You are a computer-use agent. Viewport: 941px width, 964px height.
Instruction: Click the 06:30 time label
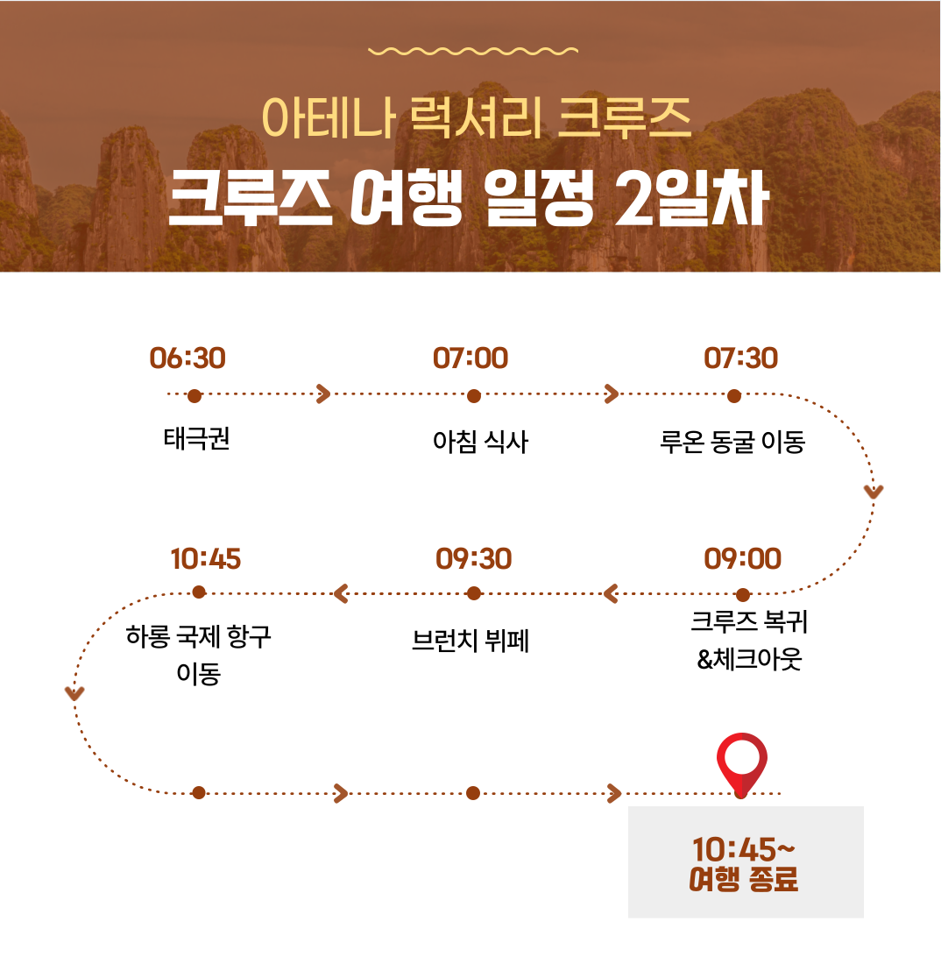[187, 358]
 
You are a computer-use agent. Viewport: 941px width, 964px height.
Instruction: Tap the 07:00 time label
[470, 358]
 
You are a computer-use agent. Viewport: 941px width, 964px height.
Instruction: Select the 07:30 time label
[740, 358]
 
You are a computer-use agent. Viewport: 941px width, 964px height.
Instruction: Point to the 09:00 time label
[742, 559]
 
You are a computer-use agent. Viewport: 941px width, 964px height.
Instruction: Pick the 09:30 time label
[473, 559]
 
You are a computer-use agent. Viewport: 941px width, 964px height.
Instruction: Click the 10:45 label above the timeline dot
[205, 559]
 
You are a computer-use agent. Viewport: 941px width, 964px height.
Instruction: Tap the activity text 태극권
[196, 439]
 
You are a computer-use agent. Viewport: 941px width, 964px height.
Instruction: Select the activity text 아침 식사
[480, 442]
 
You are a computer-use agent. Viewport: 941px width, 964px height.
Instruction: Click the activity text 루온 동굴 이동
[732, 442]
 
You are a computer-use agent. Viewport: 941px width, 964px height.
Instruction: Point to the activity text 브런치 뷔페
[470, 641]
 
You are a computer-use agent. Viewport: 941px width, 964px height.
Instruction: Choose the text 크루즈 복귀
[749, 621]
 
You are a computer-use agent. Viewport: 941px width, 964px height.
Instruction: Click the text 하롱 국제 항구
[199, 635]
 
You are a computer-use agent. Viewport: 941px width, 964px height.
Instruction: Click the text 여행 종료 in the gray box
[743, 879]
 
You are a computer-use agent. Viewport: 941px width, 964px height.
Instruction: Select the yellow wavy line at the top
[472, 51]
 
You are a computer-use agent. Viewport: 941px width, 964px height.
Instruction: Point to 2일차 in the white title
[691, 198]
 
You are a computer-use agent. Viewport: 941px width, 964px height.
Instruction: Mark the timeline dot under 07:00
[473, 396]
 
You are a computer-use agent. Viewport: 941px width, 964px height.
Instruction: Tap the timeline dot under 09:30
[473, 593]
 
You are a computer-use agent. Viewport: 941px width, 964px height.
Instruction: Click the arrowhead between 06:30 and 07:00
[323, 394]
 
